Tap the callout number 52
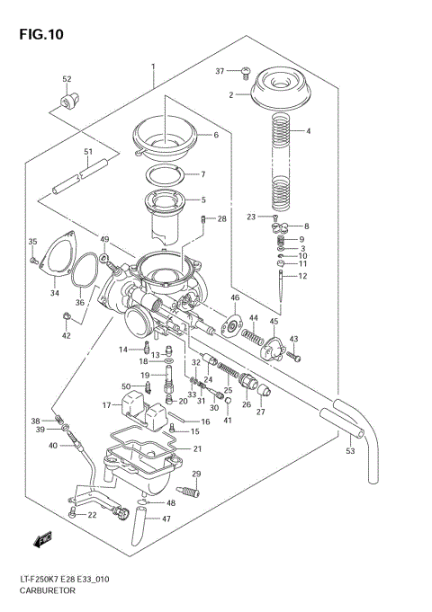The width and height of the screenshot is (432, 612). click(67, 80)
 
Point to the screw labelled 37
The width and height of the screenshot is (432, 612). click(244, 70)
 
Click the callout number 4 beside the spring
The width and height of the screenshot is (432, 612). click(308, 131)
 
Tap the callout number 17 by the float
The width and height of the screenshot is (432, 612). click(105, 405)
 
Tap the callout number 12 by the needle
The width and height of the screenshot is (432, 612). click(303, 276)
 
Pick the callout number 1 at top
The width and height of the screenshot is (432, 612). click(154, 67)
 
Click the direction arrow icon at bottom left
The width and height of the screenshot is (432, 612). click(42, 541)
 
